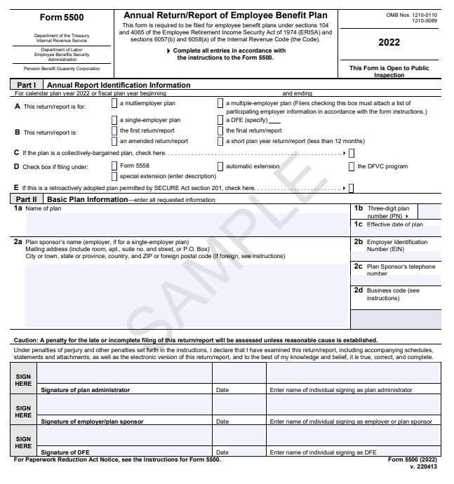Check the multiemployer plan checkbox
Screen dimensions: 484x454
(x=115, y=103)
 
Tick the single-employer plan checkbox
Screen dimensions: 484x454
(x=115, y=120)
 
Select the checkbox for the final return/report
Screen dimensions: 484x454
(x=221, y=130)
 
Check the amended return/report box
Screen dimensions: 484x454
(x=115, y=141)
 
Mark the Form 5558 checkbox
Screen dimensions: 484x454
(x=115, y=166)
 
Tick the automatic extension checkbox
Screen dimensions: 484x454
(x=221, y=166)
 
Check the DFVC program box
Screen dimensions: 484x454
(x=352, y=166)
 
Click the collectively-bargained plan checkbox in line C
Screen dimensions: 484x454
(x=352, y=153)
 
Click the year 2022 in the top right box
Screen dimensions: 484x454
(x=389, y=42)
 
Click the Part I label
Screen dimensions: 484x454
(x=27, y=85)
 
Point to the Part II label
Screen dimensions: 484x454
(x=27, y=199)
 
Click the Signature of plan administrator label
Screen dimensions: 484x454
(x=85, y=390)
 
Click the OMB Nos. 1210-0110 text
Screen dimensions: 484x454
(x=411, y=15)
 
